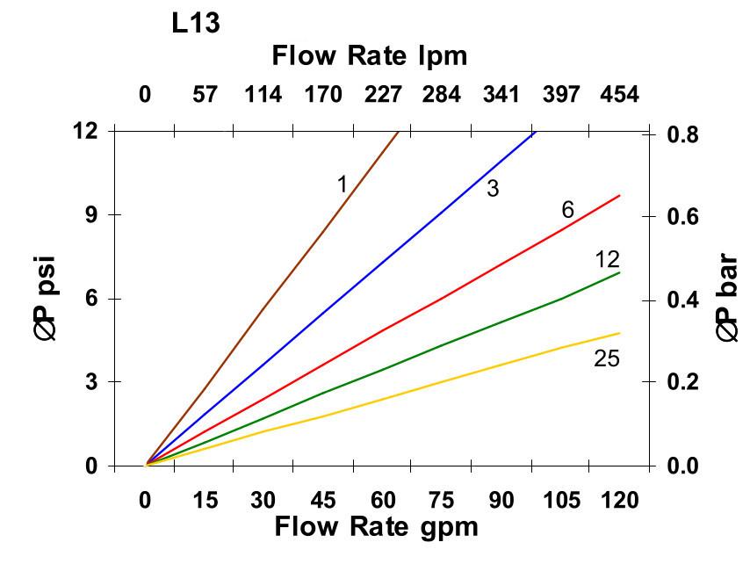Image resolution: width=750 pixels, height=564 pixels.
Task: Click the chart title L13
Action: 195,24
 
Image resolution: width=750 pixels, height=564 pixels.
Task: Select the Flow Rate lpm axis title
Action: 369,56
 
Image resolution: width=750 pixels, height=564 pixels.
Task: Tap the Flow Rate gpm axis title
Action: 376,527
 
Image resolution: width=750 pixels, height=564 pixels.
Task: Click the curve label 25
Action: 606,358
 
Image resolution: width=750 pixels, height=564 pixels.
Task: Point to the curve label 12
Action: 607,259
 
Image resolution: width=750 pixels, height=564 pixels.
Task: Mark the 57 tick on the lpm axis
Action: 205,94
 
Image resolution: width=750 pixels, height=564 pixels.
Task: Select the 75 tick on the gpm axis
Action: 442,500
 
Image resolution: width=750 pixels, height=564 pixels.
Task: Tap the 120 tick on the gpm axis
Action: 619,500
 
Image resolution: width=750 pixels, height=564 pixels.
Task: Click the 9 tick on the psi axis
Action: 90,214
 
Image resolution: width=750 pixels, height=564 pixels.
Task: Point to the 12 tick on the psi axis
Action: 84,131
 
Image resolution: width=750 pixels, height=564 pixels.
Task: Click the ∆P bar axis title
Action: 727,299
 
